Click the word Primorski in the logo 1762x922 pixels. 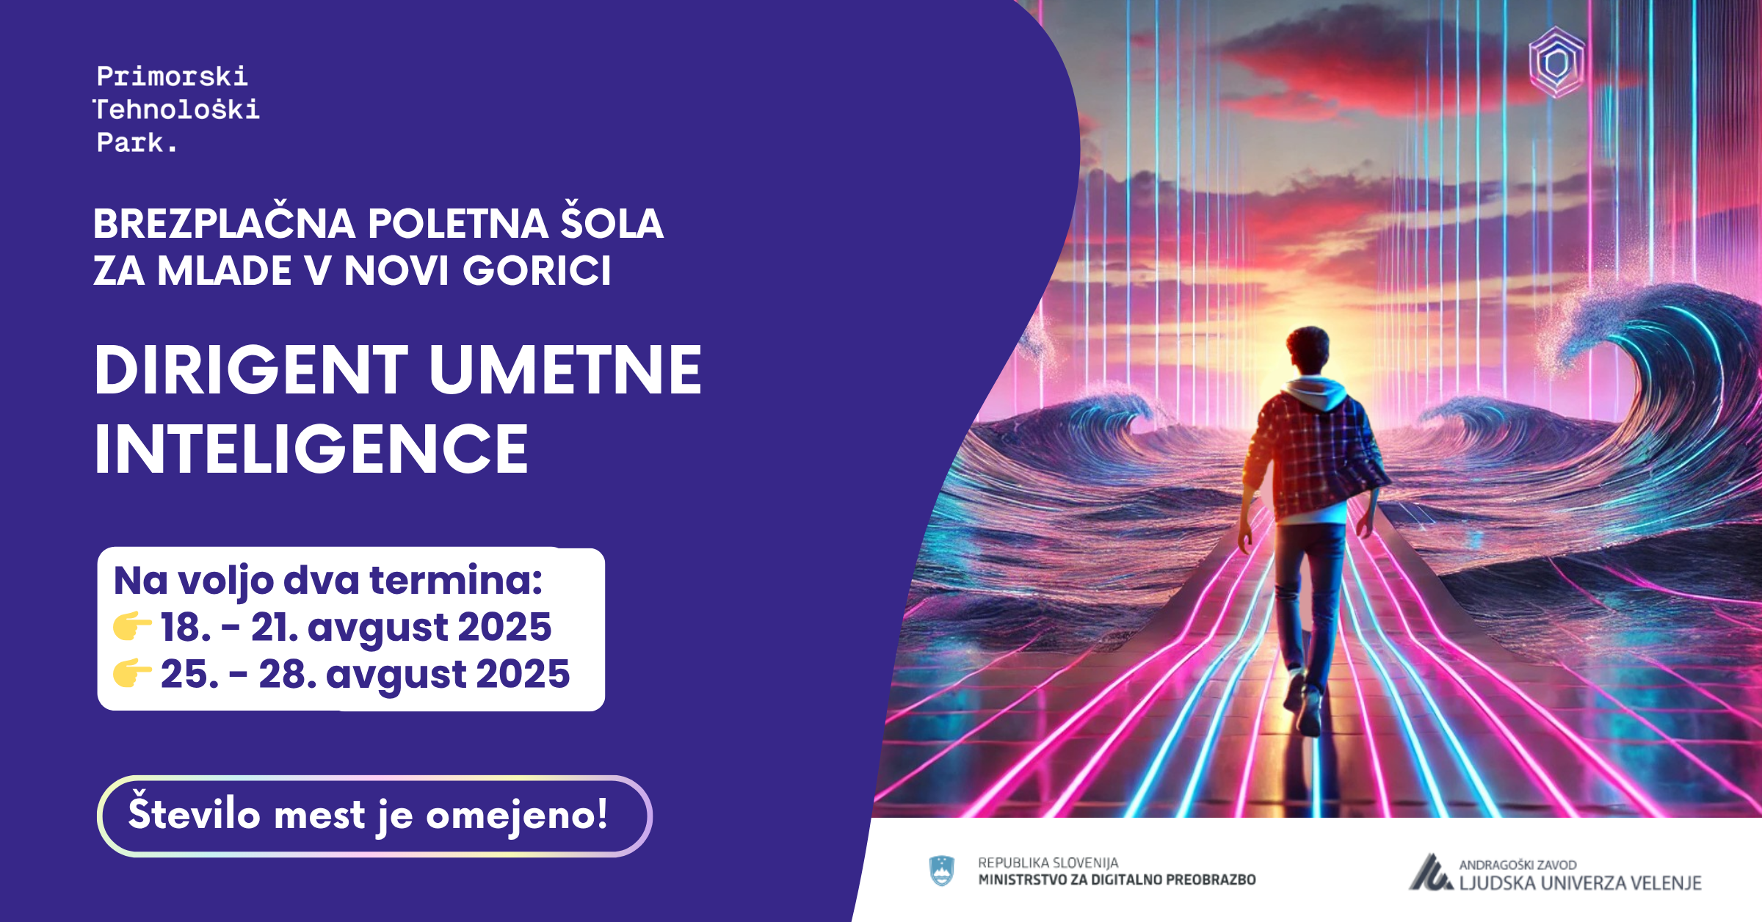173,76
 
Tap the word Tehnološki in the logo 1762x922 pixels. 176,109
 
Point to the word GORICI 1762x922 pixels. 536,270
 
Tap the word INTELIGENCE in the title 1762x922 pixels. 311,449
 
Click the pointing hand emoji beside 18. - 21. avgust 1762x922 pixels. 132,626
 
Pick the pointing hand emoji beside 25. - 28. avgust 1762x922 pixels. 132,672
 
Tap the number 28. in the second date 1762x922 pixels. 288,674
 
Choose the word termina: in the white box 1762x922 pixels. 456,580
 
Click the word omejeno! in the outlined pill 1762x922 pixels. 518,815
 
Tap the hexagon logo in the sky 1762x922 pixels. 1556,62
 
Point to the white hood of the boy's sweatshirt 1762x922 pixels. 1317,392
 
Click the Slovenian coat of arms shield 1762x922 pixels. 942,871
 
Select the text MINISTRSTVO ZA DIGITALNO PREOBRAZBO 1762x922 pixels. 1117,879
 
